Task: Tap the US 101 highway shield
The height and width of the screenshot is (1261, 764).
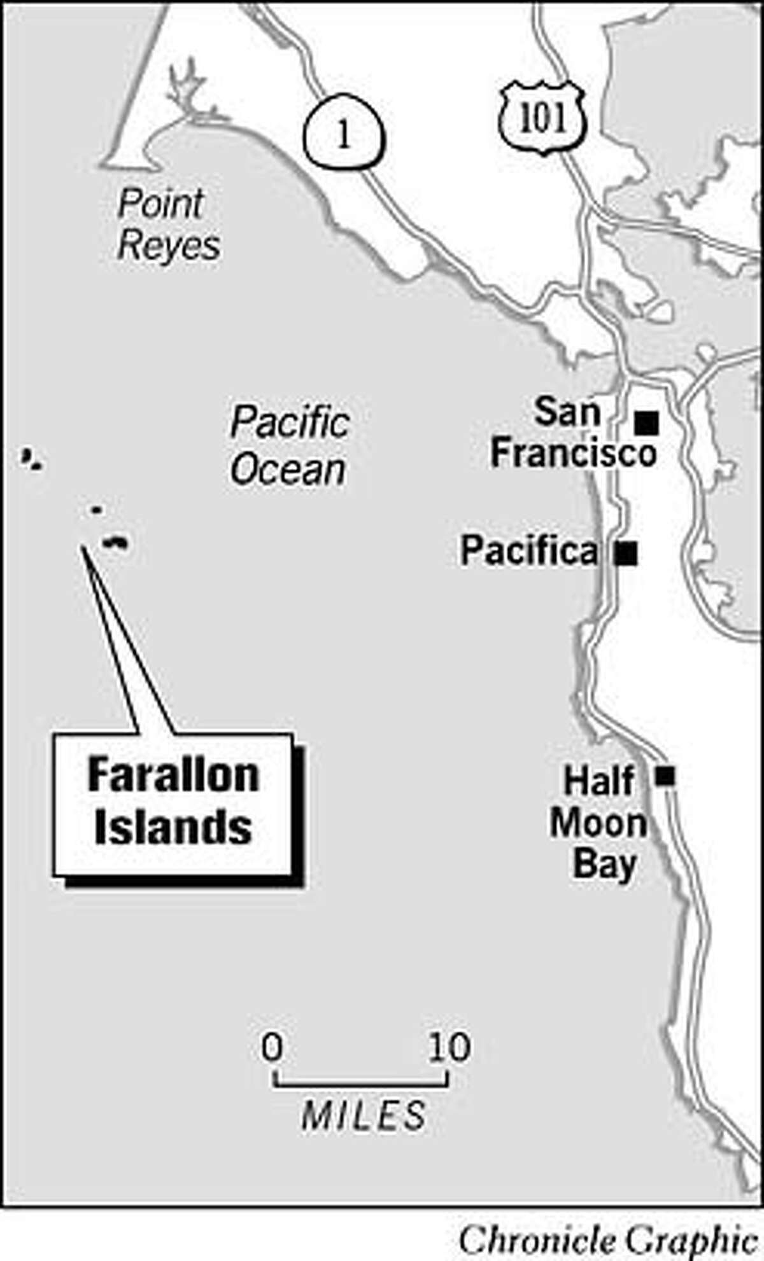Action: click(x=542, y=120)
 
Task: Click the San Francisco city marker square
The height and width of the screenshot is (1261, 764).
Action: click(x=647, y=422)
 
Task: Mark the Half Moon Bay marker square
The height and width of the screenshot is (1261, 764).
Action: click(x=665, y=776)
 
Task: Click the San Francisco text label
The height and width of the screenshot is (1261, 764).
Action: click(x=573, y=433)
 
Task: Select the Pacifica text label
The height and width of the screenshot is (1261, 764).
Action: click(x=529, y=551)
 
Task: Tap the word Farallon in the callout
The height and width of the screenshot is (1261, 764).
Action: click(x=173, y=776)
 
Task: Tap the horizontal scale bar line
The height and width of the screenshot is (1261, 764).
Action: click(x=361, y=1083)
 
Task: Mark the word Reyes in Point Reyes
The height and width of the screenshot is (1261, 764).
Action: click(x=169, y=246)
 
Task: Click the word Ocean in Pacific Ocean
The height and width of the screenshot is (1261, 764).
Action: click(x=288, y=470)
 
